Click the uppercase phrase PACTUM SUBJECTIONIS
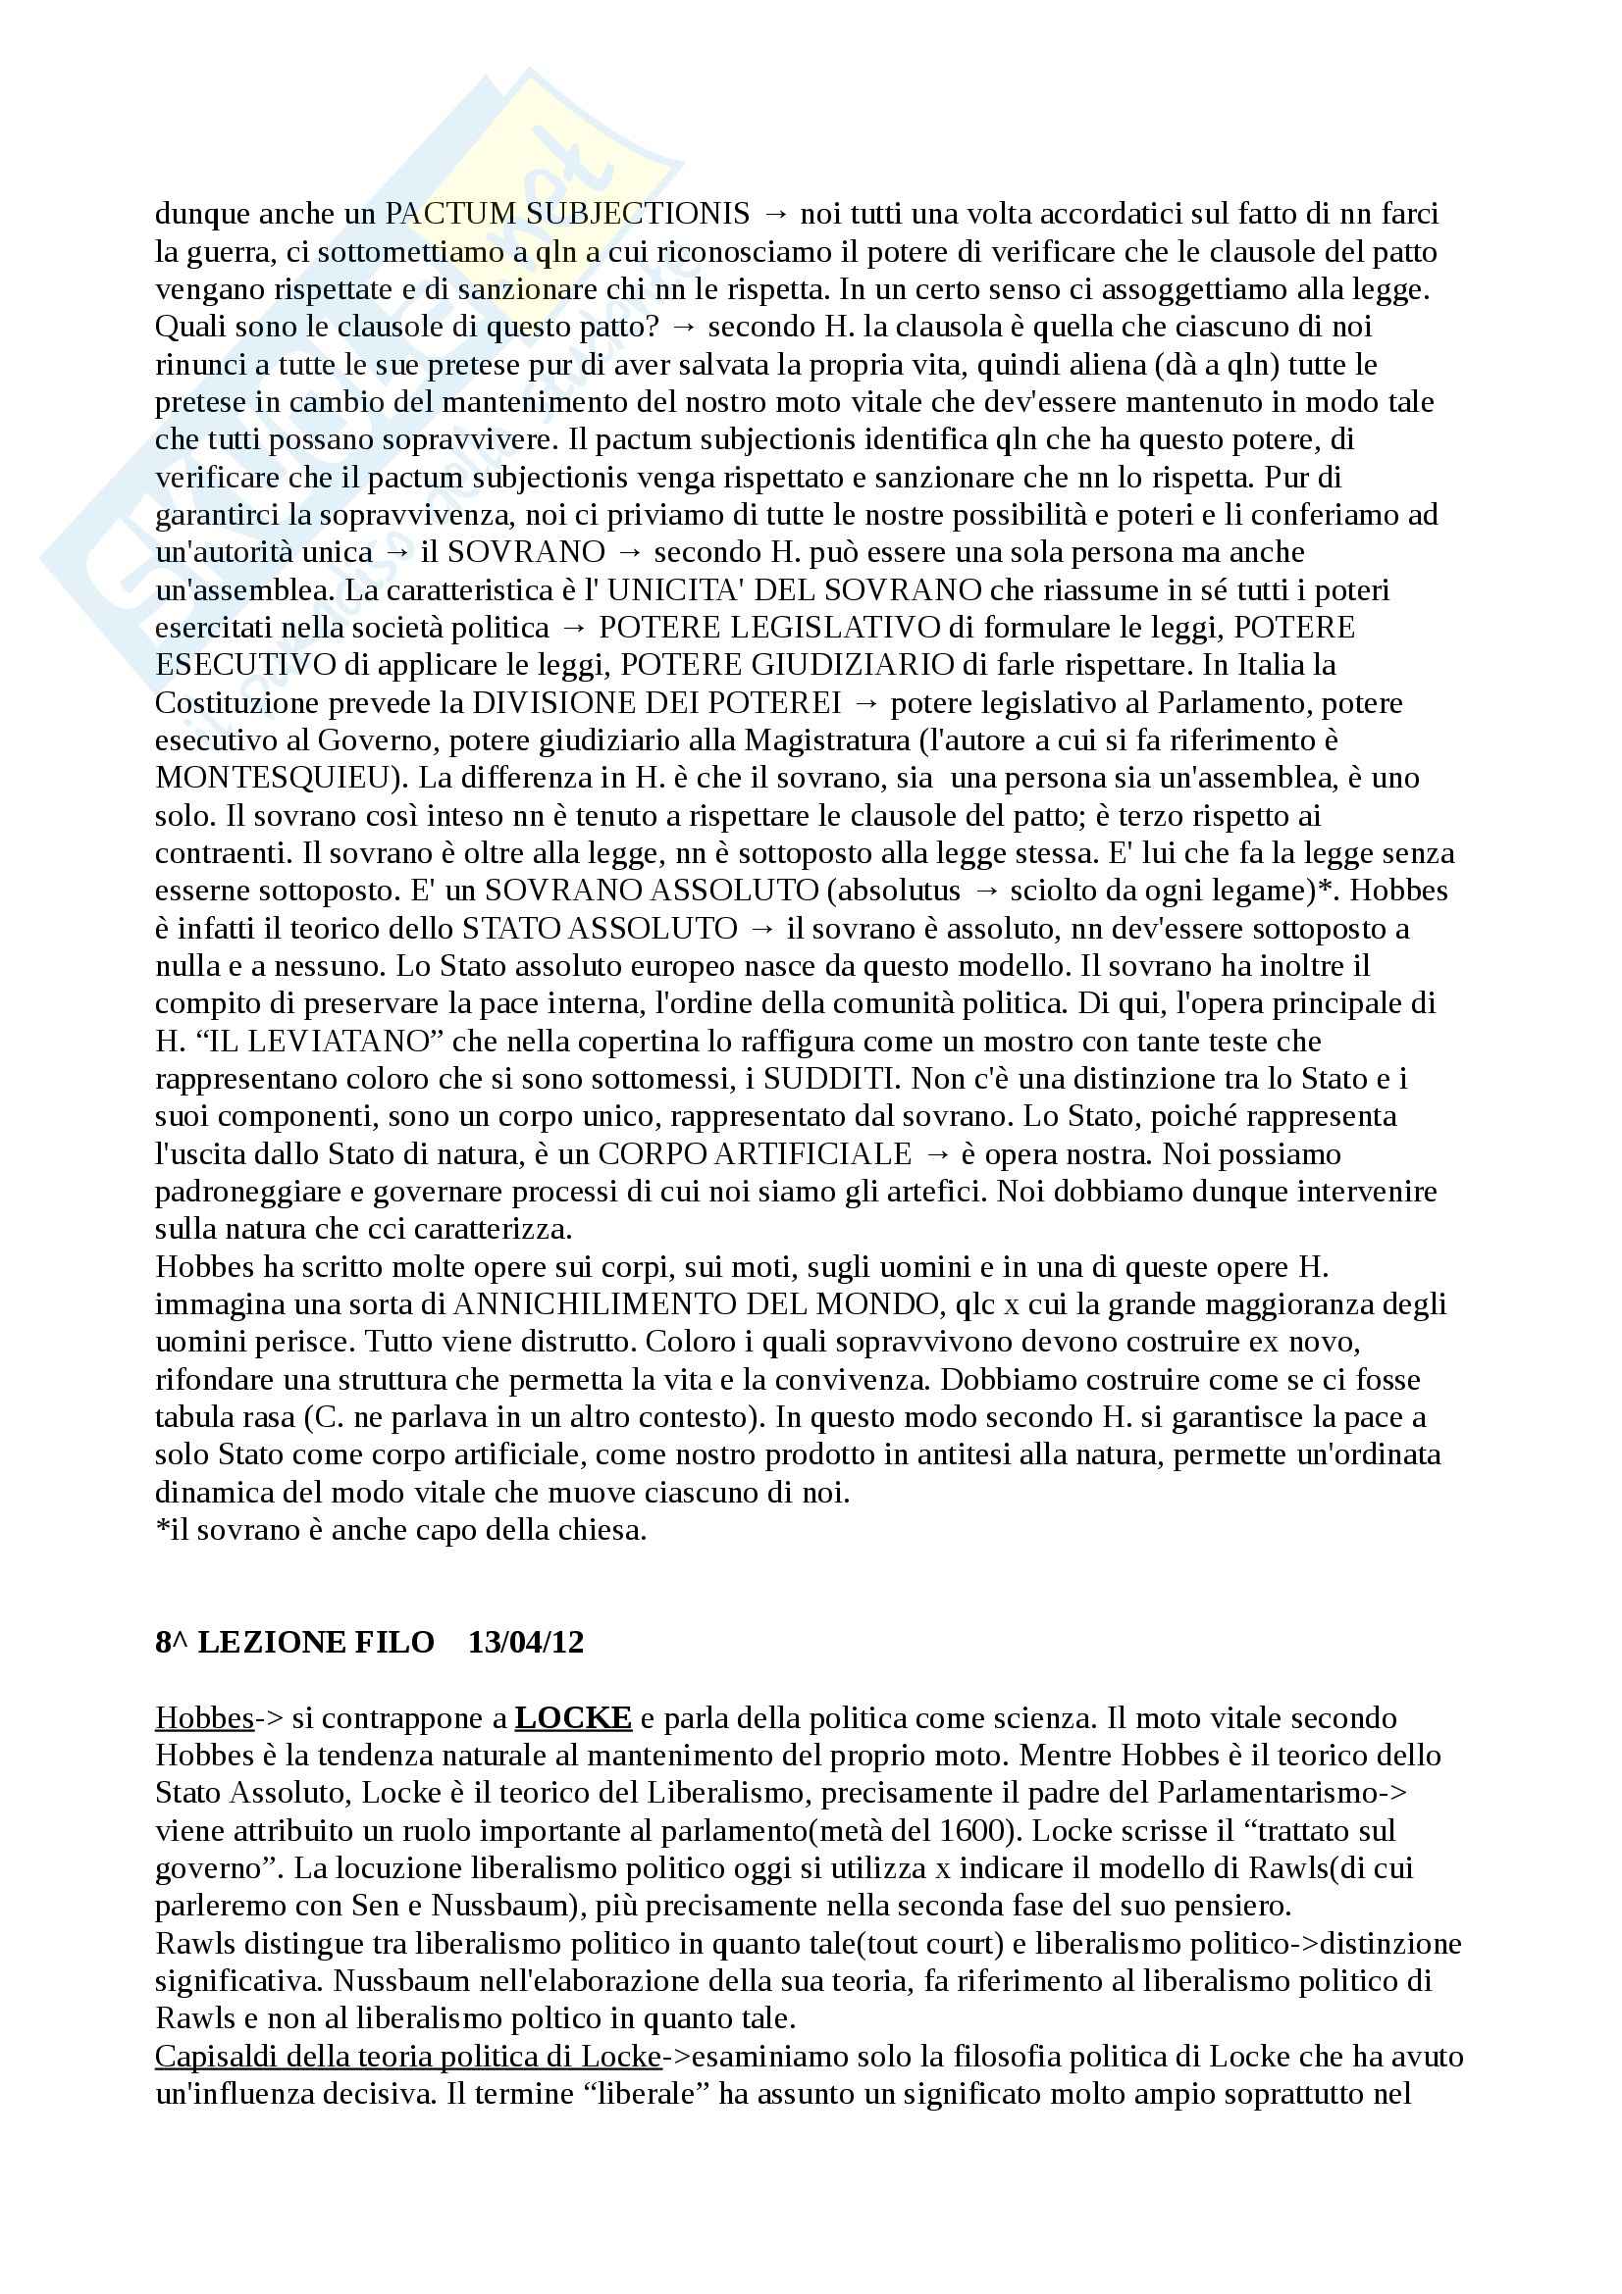tap(566, 214)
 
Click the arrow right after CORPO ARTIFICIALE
tap(936, 1154)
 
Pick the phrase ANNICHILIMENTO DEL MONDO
tap(689, 1304)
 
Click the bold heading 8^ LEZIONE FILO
tap(294, 1643)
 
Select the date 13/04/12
tap(526, 1643)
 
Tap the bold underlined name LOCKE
tap(573, 1718)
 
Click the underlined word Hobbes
tap(204, 1718)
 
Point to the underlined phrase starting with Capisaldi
tap(407, 2058)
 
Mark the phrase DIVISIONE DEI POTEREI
tap(656, 702)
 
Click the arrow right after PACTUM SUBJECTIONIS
tap(774, 214)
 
